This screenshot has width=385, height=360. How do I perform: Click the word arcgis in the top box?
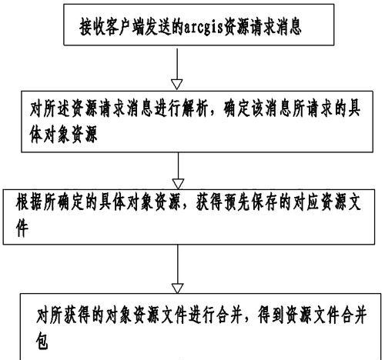203,27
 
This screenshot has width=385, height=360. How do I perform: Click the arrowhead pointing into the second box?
177,85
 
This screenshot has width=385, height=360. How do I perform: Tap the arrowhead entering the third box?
178,184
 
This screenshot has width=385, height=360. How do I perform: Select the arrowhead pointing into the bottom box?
177,288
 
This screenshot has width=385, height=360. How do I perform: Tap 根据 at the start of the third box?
29,203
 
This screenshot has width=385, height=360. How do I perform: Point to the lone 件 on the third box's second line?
22,228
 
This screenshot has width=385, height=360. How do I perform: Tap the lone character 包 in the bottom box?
42,341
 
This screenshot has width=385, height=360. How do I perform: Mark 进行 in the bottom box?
202,315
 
